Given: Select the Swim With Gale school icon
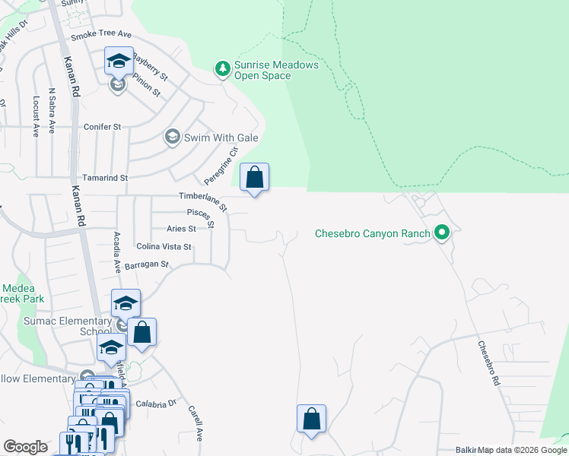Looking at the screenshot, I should tap(171, 138).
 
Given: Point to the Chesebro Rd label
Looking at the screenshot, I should tap(488, 364).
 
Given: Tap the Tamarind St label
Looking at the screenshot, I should tap(106, 177).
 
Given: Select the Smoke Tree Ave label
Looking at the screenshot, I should tap(101, 36).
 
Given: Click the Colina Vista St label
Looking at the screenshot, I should tap(164, 247).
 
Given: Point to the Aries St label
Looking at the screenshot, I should tap(181, 229).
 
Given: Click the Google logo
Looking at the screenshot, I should tap(25, 447).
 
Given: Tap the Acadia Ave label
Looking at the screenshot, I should tap(117, 253).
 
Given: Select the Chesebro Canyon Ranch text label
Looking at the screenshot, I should tap(373, 233).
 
